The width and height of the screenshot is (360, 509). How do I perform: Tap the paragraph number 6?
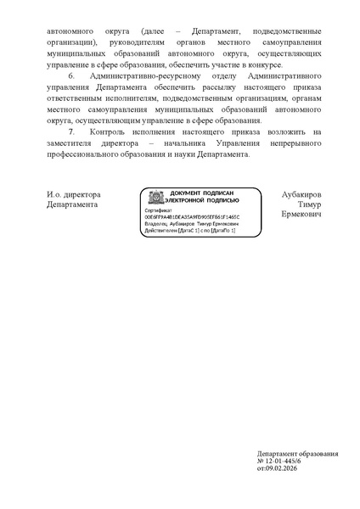(72, 76)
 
